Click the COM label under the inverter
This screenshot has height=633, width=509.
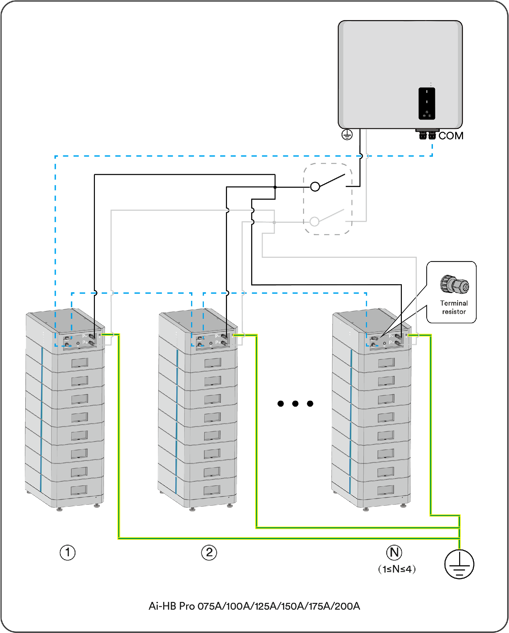pos(451,136)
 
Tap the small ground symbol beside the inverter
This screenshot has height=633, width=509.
pos(347,135)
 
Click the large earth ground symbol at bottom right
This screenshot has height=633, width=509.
pos(459,564)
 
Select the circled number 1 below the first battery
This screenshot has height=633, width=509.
pos(68,552)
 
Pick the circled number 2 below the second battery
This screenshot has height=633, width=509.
pos(209,552)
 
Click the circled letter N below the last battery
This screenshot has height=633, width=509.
pos(394,552)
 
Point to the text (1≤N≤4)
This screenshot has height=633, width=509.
pos(397,569)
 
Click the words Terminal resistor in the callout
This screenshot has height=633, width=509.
pos(454,307)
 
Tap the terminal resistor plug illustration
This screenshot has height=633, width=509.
pos(455,284)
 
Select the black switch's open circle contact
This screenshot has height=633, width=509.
pos(315,187)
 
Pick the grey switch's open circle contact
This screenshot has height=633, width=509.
pos(314,221)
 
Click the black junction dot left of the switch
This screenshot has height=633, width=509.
pos(275,187)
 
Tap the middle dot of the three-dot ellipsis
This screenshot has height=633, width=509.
pos(295,403)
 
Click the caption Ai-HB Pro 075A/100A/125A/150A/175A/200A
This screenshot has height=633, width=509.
pos(254,606)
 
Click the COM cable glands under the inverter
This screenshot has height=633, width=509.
pos(427,135)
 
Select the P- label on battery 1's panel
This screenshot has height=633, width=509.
pos(84,336)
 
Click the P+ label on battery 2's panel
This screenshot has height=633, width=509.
pos(218,342)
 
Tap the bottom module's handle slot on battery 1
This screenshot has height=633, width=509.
pos(79,490)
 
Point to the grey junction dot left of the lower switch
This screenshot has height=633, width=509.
pos(274,222)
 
